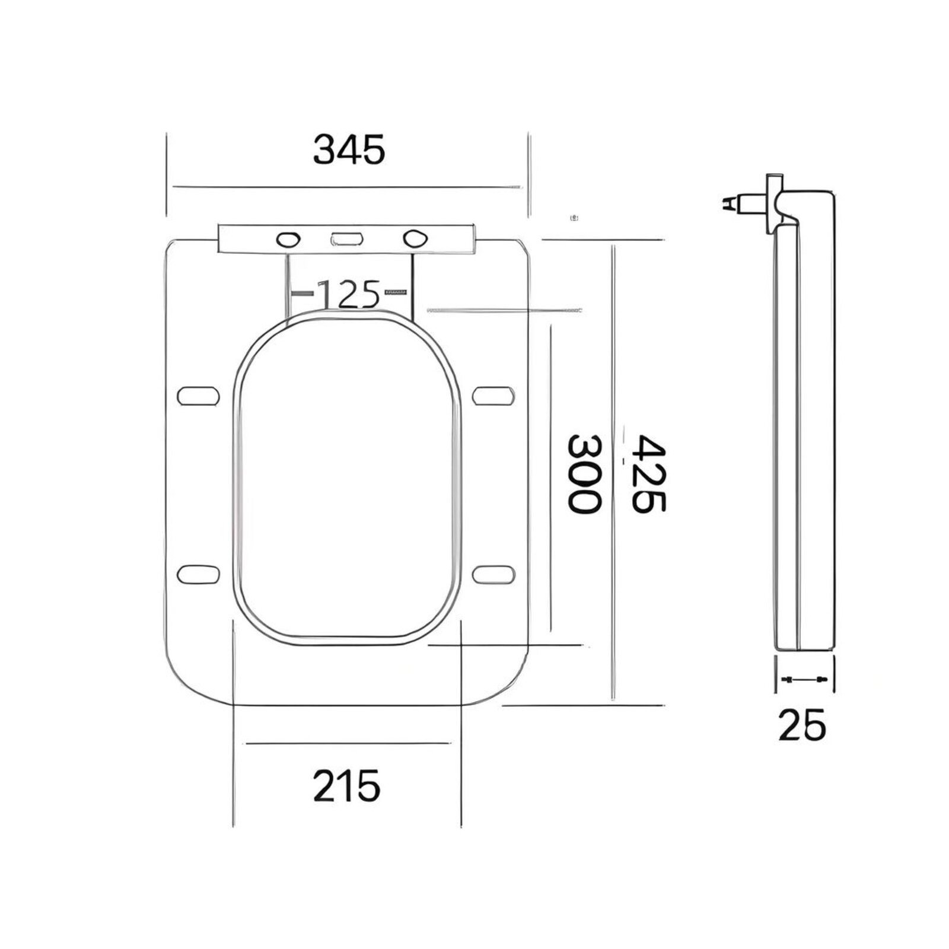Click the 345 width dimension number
[349, 149]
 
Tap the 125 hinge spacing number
[349, 294]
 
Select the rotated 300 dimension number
[584, 474]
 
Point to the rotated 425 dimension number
[648, 474]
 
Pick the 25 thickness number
[802, 725]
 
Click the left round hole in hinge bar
[288, 240]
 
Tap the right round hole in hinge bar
[415, 238]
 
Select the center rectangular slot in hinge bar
[347, 239]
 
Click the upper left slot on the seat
[198, 396]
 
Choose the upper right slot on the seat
[493, 396]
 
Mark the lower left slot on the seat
[198, 574]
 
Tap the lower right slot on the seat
[493, 574]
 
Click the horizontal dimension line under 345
[347, 187]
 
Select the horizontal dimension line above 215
[348, 743]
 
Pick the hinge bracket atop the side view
[775, 202]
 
